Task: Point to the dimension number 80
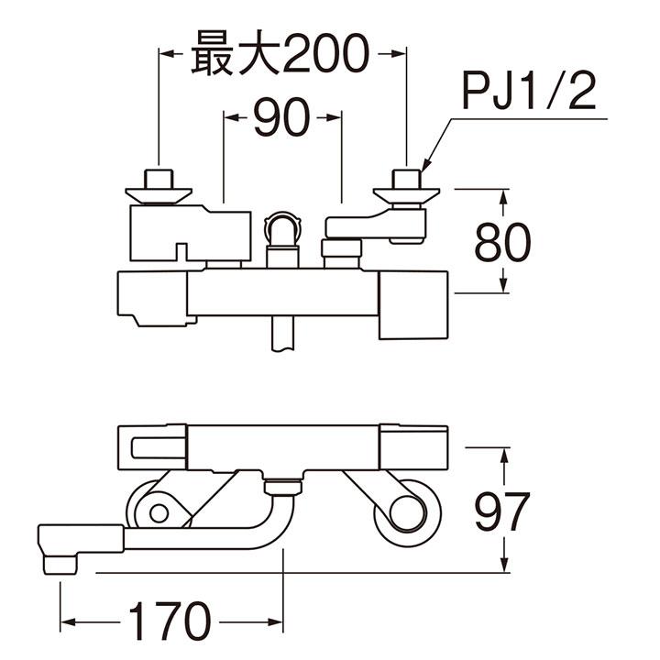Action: [501, 243]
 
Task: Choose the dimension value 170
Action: [170, 622]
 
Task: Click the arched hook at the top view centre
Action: [281, 225]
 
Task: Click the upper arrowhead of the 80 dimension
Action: [501, 194]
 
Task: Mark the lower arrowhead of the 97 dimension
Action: [501, 566]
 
